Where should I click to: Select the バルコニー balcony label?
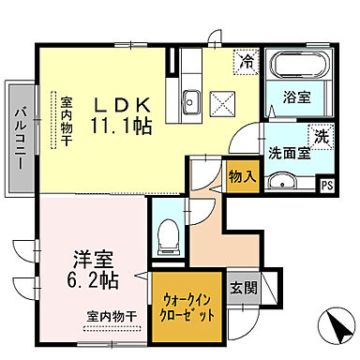coord(19,138)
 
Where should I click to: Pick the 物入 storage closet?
coord(241,174)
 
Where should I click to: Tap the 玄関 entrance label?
coord(243,288)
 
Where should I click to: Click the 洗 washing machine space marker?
coord(320,134)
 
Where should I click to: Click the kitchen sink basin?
coord(190,99)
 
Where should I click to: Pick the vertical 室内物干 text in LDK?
coord(67,119)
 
